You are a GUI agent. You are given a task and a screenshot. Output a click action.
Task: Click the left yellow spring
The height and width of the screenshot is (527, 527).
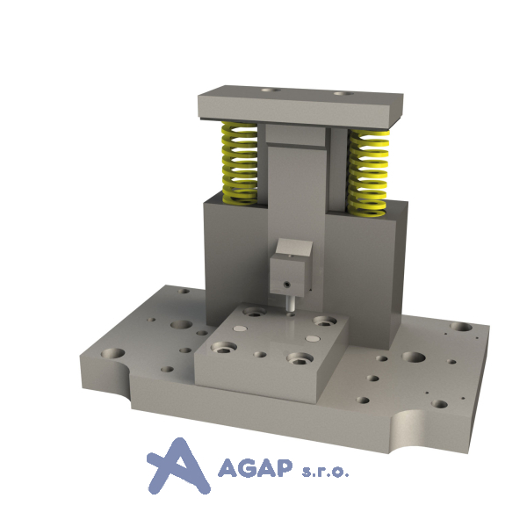tap(240, 163)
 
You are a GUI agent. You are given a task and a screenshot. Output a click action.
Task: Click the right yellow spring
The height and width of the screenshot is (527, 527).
tap(369, 172)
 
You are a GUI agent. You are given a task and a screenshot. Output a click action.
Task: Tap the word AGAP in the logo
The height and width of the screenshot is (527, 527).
tap(255, 468)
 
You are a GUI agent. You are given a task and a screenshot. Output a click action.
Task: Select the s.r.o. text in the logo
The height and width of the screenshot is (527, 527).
tap(325, 471)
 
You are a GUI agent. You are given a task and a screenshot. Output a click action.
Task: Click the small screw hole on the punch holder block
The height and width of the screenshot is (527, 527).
tap(286, 285)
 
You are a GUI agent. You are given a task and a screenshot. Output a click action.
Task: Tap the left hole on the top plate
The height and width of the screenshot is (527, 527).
tap(271, 90)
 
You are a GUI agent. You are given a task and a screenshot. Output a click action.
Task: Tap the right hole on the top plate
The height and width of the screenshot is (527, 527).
tap(343, 93)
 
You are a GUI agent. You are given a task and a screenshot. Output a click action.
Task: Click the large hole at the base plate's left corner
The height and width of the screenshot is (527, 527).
tap(112, 354)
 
